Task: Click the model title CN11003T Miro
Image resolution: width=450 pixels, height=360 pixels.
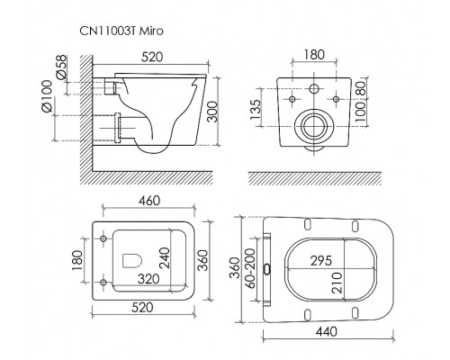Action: pyautogui.click(x=121, y=31)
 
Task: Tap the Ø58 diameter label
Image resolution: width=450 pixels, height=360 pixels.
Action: pyautogui.click(x=61, y=67)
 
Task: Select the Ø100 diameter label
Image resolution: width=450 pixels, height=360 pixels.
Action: pyautogui.click(x=47, y=96)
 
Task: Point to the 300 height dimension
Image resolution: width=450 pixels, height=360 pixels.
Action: pyautogui.click(x=212, y=112)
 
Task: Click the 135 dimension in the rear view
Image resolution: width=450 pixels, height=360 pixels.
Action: pyautogui.click(x=256, y=109)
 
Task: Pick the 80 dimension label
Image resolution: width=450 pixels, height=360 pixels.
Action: pyautogui.click(x=361, y=89)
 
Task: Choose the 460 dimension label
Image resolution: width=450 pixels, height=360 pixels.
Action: pyautogui.click(x=149, y=201)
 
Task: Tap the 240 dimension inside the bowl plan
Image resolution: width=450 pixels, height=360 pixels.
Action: pyautogui.click(x=165, y=257)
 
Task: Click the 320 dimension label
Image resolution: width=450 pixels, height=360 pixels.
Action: pyautogui.click(x=148, y=279)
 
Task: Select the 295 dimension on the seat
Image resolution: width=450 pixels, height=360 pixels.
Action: pyautogui.click(x=321, y=260)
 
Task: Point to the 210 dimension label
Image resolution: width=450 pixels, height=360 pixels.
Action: pyautogui.click(x=337, y=283)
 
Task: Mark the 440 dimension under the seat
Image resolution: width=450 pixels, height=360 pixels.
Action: pyautogui.click(x=327, y=331)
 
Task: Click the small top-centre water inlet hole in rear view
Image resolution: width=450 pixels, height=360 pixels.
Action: pyautogui.click(x=314, y=89)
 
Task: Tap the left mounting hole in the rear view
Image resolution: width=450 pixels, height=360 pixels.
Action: pyautogui.click(x=292, y=99)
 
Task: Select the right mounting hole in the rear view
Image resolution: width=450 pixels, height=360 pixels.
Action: pyautogui.click(x=336, y=99)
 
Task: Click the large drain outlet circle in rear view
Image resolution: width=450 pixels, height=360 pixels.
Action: pyautogui.click(x=314, y=114)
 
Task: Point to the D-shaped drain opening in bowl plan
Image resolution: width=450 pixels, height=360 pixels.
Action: pyautogui.click(x=132, y=260)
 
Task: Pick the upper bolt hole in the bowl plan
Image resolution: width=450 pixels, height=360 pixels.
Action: pyautogui.click(x=103, y=238)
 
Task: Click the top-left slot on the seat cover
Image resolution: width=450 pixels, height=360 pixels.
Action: pyautogui.click(x=308, y=225)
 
